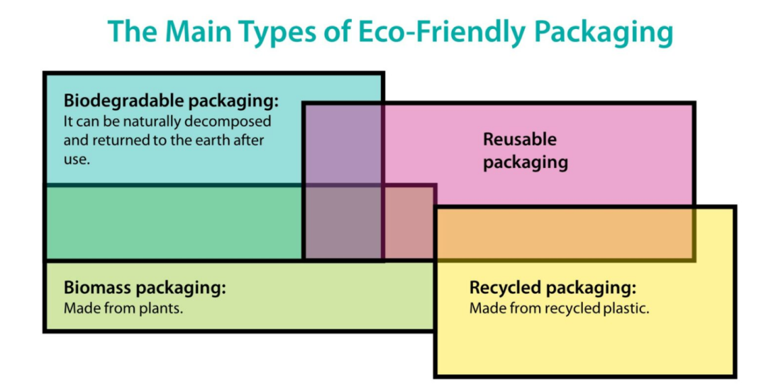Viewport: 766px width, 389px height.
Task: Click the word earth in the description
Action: point(218,140)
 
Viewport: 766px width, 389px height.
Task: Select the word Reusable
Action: point(520,139)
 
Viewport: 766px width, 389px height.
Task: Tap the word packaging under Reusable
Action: point(526,162)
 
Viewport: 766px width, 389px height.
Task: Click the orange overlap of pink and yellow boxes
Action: point(564,234)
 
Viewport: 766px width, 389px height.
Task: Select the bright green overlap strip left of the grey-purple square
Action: point(174,222)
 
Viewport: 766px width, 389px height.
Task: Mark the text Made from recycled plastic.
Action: point(559,309)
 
